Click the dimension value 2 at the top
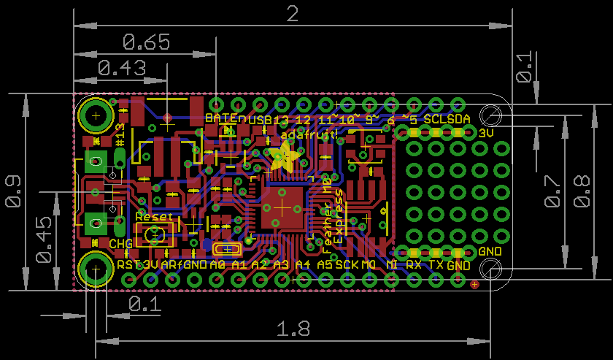293,14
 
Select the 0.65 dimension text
146,42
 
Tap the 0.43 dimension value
121,68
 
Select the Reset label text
155,217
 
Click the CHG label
120,243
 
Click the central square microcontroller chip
282,207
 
